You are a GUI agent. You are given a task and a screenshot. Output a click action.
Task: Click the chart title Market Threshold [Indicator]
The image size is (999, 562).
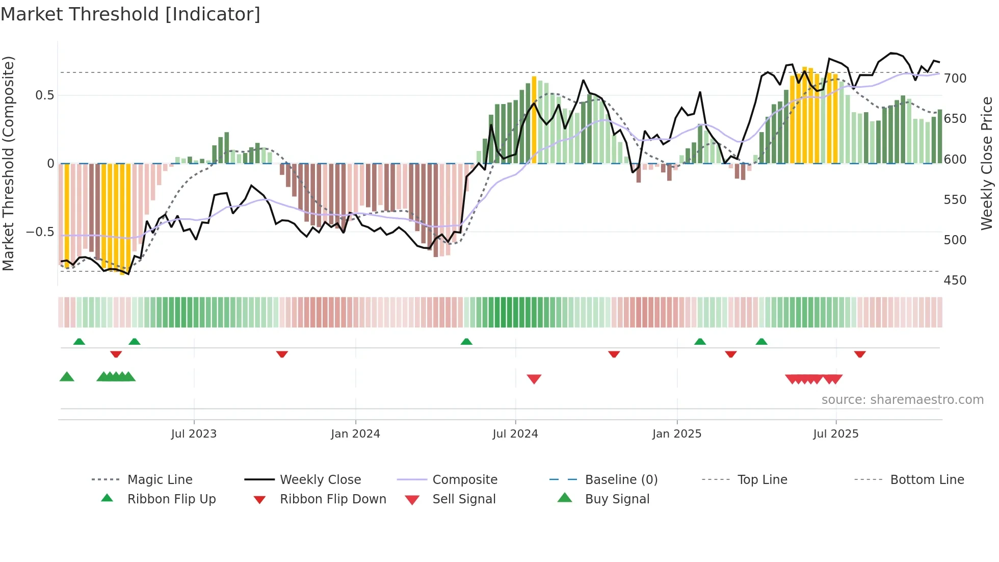[130, 14]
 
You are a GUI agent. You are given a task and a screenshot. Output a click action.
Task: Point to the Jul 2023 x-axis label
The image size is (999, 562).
[194, 434]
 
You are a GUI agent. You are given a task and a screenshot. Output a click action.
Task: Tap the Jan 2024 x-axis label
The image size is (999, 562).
[355, 434]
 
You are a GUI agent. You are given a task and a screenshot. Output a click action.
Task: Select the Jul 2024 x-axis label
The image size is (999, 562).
[515, 434]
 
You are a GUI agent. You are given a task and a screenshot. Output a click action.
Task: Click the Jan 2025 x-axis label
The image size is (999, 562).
[677, 434]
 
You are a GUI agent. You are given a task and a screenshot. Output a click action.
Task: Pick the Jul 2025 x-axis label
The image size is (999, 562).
[836, 434]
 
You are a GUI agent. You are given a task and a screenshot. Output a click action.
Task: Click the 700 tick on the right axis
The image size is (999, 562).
[955, 79]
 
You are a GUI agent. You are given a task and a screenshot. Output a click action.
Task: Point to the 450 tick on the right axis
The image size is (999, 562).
[955, 280]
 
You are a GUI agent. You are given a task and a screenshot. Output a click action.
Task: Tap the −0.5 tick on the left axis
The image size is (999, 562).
[40, 232]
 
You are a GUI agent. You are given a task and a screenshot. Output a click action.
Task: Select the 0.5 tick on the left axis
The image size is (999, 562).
[44, 95]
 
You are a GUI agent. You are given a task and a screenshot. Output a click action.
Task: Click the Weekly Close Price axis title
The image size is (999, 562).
[987, 163]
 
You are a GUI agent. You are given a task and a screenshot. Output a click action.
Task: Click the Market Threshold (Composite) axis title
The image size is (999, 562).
[8, 163]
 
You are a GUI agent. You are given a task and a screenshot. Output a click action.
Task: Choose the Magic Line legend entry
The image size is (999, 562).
[160, 480]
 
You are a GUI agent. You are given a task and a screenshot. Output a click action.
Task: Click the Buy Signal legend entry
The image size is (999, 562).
[617, 499]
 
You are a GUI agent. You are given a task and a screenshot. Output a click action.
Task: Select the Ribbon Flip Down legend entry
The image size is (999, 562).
[333, 499]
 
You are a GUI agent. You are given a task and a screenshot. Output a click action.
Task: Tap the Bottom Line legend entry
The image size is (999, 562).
[927, 480]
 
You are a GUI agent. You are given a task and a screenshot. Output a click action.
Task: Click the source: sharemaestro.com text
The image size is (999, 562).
[902, 400]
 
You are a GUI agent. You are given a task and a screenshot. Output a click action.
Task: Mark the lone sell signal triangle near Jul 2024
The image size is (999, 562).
[534, 378]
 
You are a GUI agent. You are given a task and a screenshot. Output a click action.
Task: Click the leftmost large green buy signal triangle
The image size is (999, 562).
[67, 377]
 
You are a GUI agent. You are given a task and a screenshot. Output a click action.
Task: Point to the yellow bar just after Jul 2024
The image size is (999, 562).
[534, 120]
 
